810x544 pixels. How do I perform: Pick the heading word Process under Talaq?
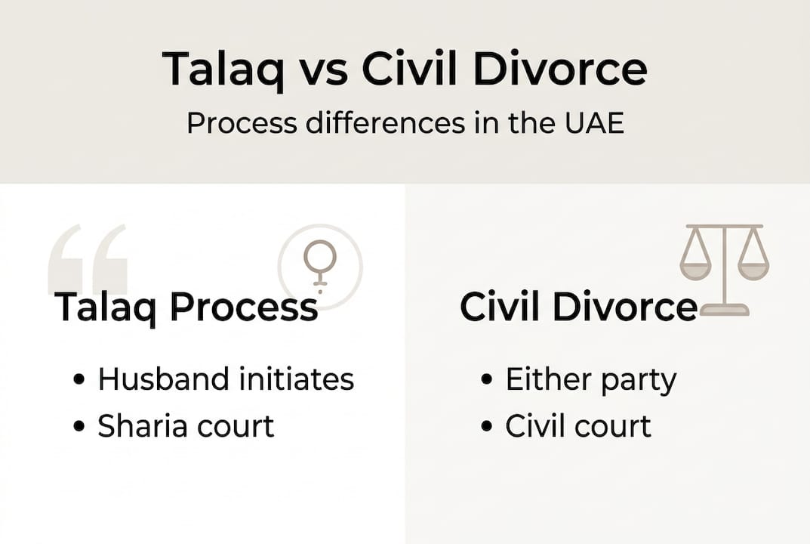pos(243,308)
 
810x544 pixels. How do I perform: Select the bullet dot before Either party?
pos(488,380)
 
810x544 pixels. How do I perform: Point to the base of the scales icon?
pos(724,310)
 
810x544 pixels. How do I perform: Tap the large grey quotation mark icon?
pos(88,259)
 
